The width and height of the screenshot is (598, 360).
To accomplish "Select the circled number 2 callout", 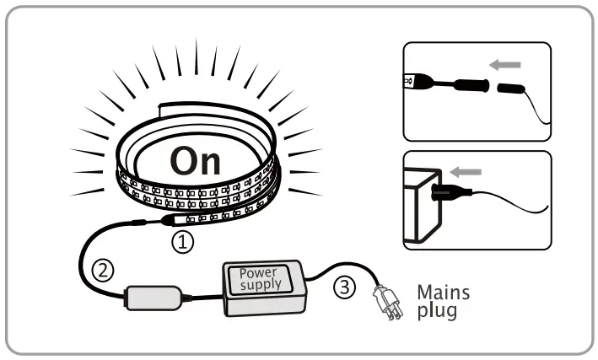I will click(103, 271).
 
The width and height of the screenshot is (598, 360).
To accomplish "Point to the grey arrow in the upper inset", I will click(504, 64).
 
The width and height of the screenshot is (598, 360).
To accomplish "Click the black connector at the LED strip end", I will click(167, 221).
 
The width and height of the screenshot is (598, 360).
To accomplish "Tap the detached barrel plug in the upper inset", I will click(511, 89).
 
